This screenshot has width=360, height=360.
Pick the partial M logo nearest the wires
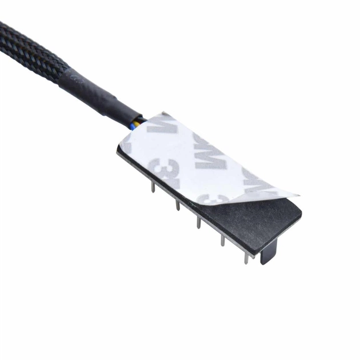(159, 127)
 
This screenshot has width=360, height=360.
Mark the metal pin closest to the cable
(153, 186)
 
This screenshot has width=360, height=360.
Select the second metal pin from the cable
(178, 203)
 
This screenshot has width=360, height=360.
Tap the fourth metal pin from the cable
(223, 239)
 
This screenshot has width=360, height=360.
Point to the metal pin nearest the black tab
(246, 257)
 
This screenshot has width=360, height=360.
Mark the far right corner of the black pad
(301, 217)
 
